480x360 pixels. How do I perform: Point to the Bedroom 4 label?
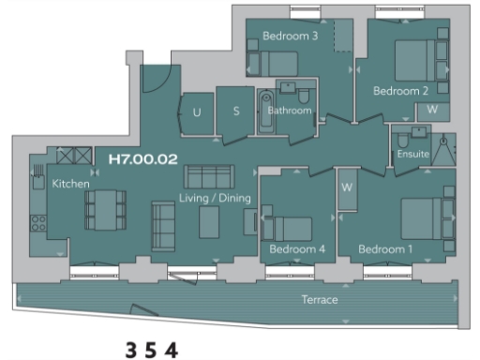tap(297, 249)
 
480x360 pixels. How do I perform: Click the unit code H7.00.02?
tap(143, 159)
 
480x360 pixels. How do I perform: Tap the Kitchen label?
tap(70, 184)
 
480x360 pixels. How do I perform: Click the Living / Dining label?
tap(212, 199)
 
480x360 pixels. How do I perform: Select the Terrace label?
tap(320, 300)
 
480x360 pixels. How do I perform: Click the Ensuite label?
tap(412, 154)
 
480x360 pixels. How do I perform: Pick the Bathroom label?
tap(289, 111)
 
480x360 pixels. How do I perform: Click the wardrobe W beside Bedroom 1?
tap(346, 187)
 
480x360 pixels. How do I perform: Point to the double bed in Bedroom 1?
tap(427, 218)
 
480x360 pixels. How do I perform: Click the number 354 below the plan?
tap(152, 350)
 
